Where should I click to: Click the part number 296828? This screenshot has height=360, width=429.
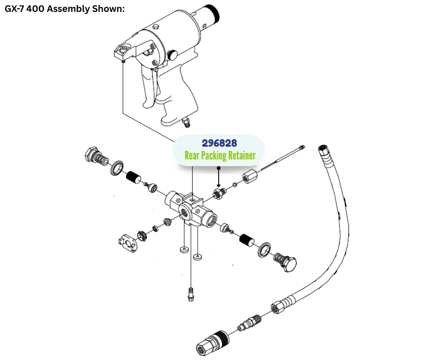click(219, 143)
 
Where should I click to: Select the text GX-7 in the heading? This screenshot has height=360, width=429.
click(15, 9)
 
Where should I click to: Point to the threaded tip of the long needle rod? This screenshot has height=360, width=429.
click(302, 147)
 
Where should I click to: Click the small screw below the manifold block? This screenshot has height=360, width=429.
click(190, 294)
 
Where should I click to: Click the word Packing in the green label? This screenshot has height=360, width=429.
click(202, 155)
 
